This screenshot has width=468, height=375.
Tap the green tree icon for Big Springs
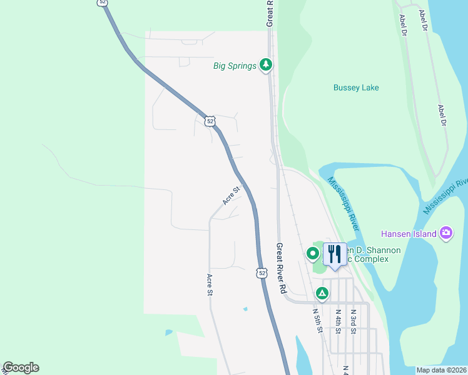[266, 64]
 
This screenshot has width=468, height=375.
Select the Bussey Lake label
[356, 88]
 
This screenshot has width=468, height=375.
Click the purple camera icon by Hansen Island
[446, 233]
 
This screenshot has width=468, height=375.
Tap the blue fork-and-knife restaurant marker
[335, 254]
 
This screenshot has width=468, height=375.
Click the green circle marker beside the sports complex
[312, 254]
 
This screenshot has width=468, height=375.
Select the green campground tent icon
[322, 292]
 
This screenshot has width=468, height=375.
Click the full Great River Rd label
[282, 269]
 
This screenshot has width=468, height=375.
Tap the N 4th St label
[337, 320]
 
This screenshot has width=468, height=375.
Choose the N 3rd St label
[353, 320]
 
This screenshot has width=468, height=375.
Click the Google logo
[21, 368]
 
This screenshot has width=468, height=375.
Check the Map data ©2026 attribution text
[441, 370]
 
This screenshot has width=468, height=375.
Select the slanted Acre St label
[231, 196]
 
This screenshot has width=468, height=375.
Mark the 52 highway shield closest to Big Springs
[210, 121]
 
